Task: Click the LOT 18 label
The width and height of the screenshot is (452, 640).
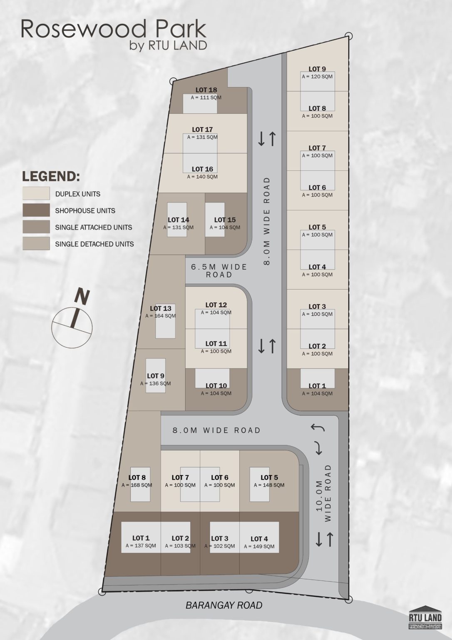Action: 206,90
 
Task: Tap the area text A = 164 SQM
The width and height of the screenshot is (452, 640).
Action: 160,316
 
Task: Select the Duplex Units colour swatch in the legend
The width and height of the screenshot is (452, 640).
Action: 36,193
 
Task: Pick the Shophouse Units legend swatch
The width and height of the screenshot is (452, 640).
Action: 36,210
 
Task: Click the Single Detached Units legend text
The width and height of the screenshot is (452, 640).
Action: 94,244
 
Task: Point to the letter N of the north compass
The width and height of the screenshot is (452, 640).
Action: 82,297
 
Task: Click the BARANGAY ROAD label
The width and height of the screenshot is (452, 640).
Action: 224,605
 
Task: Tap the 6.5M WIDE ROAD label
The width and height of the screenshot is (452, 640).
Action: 219,271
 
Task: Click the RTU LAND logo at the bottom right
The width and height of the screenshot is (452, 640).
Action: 425,617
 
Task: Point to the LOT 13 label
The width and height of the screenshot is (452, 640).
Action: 160,309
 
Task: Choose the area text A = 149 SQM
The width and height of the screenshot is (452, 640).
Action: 259,546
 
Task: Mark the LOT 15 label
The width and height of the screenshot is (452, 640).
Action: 225,220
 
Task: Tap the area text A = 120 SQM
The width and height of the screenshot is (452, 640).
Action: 317,77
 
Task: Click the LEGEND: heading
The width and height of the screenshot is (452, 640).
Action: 51,176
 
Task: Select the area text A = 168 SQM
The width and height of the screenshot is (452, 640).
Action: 137,485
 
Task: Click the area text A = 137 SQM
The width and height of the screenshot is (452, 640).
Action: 141,545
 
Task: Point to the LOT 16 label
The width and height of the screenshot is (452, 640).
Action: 202,169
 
